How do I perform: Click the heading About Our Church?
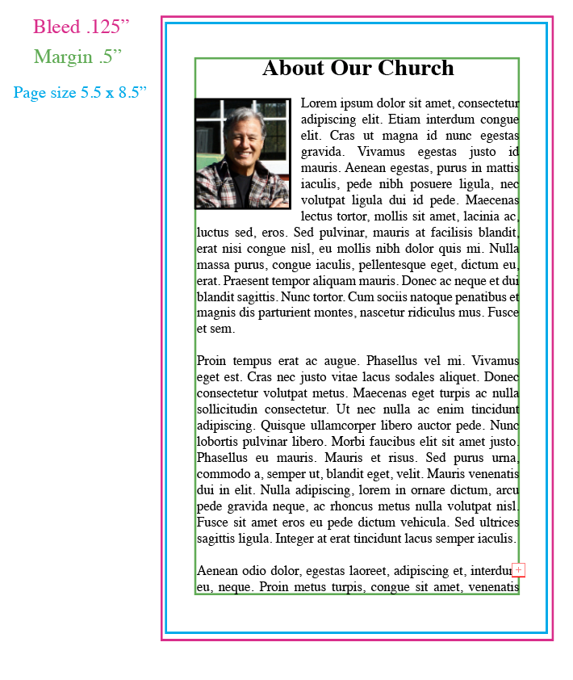[358, 69]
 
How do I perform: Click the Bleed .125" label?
[81, 27]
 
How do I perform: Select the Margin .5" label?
[77, 57]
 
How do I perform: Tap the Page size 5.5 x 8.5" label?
[80, 93]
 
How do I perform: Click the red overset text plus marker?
[518, 570]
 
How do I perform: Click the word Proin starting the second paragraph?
[214, 361]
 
